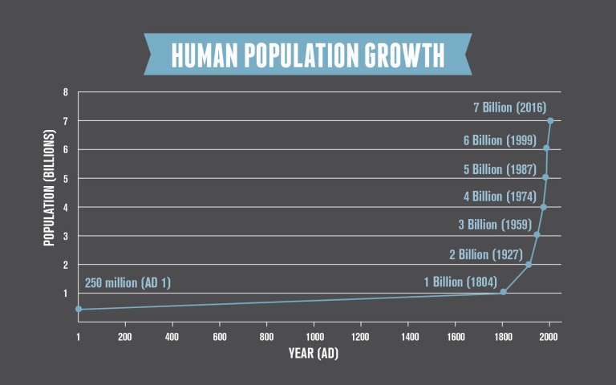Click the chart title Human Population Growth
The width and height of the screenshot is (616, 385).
pyautogui.click(x=307, y=55)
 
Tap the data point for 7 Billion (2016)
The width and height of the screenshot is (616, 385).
pyautogui.click(x=550, y=121)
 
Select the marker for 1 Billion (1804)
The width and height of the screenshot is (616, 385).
pyautogui.click(x=503, y=291)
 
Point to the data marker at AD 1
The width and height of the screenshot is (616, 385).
pyautogui.click(x=78, y=309)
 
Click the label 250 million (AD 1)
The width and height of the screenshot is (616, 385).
pyautogui.click(x=128, y=282)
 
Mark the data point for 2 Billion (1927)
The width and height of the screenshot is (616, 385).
pyautogui.click(x=528, y=265)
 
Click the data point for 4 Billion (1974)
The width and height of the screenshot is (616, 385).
pyautogui.click(x=543, y=207)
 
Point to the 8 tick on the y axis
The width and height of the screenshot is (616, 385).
pyautogui.click(x=66, y=92)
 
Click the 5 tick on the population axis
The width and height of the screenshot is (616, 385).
pyautogui.click(x=66, y=178)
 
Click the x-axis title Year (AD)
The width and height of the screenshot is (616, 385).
pyautogui.click(x=314, y=353)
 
